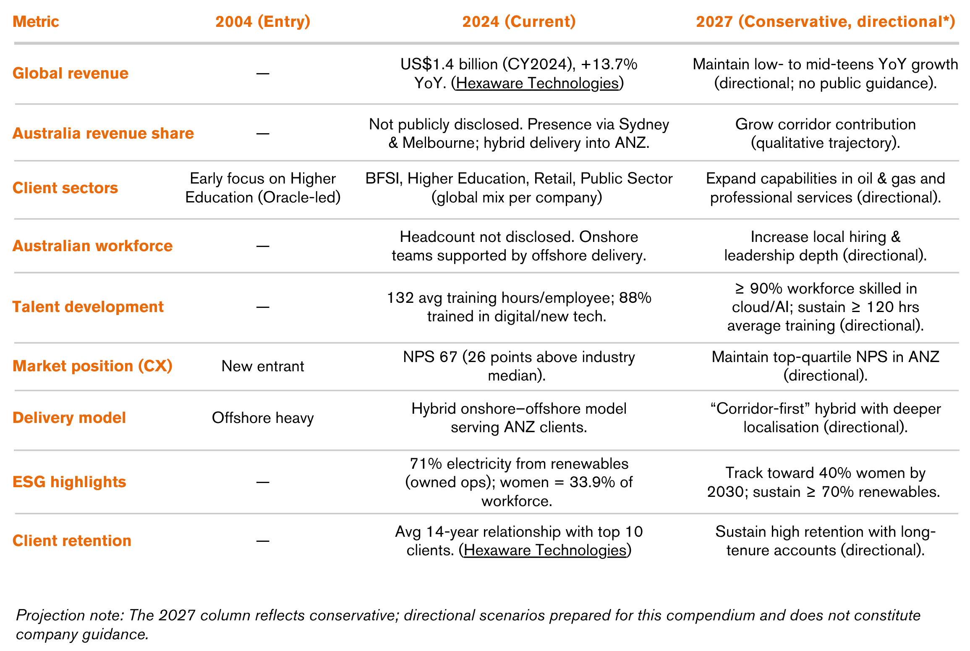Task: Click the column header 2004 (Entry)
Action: coord(263,21)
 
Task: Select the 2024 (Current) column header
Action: coord(519,21)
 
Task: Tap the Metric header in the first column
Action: coord(36,21)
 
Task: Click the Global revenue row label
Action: coord(71,73)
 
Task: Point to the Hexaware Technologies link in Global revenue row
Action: coord(537,83)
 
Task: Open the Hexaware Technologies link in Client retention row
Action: coord(545,550)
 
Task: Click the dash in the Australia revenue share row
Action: coord(263,134)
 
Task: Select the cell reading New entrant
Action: coord(263,366)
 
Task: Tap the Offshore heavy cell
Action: coord(263,418)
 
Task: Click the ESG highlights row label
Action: coord(69,482)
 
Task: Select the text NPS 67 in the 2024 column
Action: coord(429,357)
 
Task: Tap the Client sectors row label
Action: coord(65,188)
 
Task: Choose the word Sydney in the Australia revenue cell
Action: coord(644,124)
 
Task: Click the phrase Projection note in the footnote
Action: coord(69,615)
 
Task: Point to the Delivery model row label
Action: coord(69,418)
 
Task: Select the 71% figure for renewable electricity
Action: coord(426,464)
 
